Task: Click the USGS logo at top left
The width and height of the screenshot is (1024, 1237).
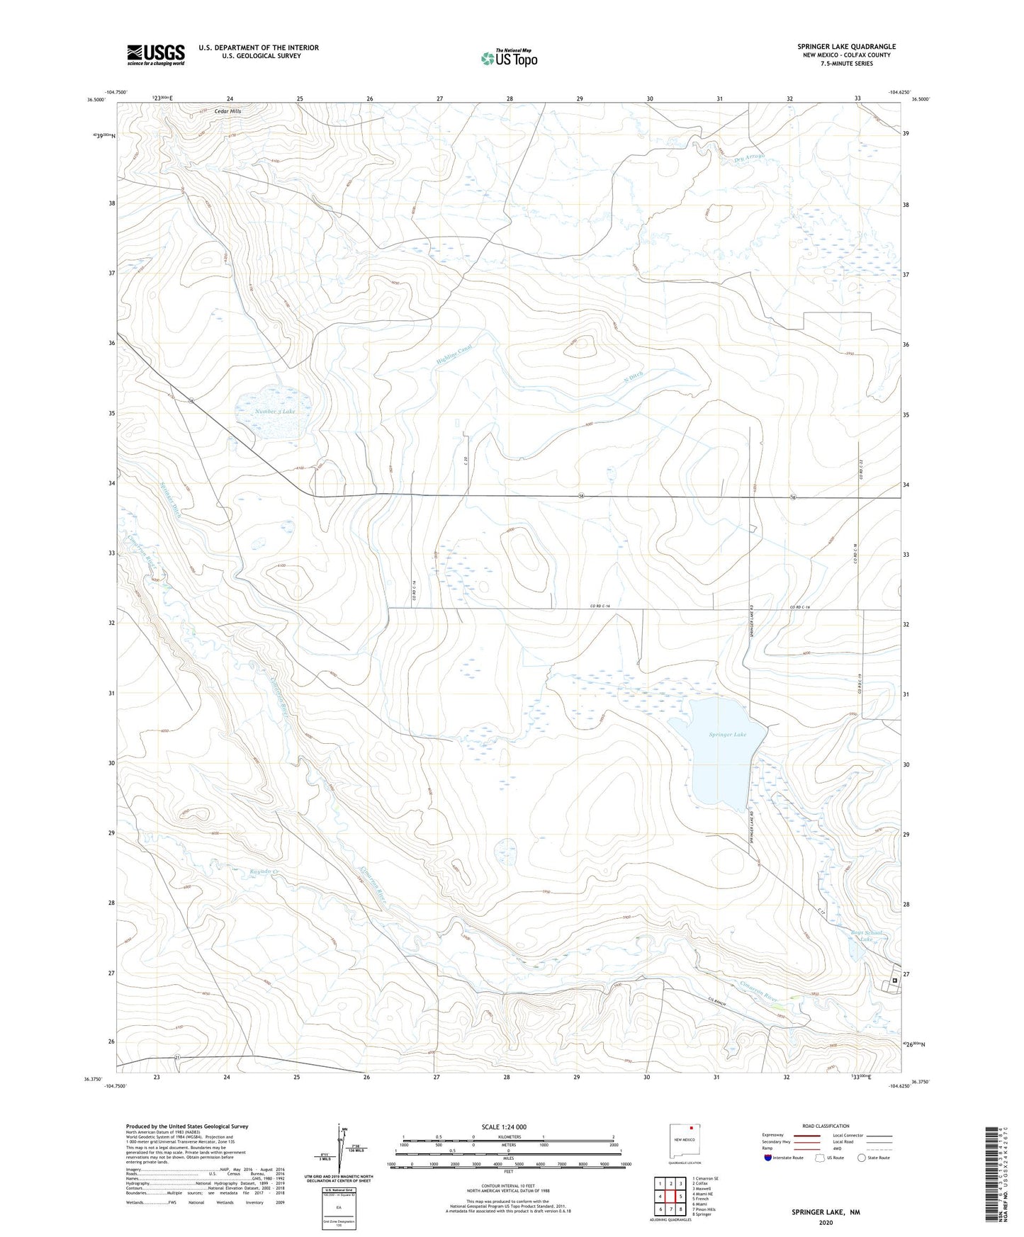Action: pos(155,55)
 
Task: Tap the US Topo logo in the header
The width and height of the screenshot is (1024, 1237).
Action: pos(508,58)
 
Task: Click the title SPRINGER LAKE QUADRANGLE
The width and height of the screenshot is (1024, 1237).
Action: pos(846,46)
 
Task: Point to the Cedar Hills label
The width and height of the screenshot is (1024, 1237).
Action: pos(226,111)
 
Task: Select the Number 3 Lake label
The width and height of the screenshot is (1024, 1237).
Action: pos(275,411)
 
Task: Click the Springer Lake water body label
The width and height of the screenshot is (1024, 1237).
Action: pos(727,735)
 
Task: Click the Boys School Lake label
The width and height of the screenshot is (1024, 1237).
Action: pos(866,935)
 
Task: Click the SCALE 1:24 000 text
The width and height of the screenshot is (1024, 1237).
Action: pos(504,1126)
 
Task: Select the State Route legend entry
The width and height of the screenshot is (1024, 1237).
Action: pos(874,1158)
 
